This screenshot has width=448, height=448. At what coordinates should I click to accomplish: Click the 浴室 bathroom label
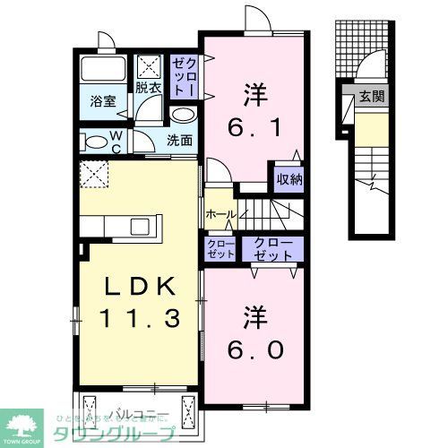pos(101,102)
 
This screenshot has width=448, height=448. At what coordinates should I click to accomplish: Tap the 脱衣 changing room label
pos(148,88)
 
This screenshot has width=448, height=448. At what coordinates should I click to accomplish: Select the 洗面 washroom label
pos(179,139)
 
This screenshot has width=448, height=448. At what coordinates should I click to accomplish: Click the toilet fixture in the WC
pos(93,140)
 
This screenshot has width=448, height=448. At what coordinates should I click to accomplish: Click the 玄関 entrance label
pos(371,96)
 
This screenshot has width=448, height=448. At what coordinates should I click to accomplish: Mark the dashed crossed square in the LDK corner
pos(92,176)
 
